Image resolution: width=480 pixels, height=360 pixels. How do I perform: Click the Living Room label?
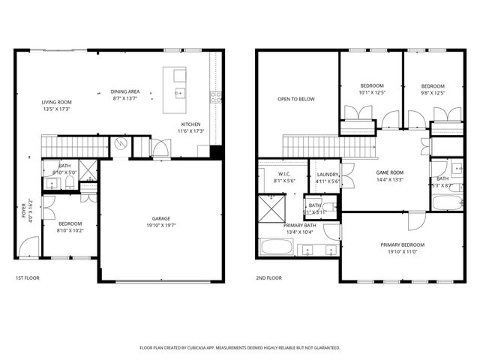tap(56, 102)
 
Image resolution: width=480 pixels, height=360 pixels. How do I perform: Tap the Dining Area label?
tap(125, 91)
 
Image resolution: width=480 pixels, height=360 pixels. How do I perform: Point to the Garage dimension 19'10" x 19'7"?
tap(161, 225)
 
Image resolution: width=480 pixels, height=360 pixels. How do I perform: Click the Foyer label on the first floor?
tap(23, 208)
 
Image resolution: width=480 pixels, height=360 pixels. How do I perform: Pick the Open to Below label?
tap(295, 99)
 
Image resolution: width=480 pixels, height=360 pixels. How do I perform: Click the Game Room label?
tap(390, 172)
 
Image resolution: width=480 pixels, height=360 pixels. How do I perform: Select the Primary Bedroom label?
tap(402, 245)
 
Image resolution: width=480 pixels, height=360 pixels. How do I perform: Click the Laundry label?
tap(327, 173)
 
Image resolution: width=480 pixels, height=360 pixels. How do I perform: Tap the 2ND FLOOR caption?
tap(268, 278)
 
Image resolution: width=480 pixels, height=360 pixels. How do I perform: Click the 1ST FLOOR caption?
tap(27, 278)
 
